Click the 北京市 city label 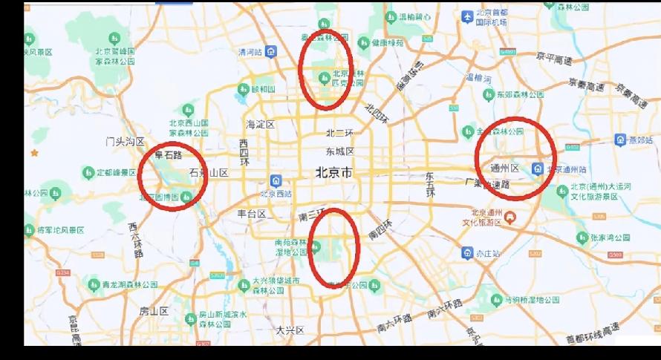click(x=332, y=172)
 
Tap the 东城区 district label click(x=340, y=151)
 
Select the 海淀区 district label click(x=261, y=124)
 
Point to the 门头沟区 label click(x=125, y=141)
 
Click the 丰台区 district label click(x=252, y=214)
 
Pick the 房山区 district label click(x=154, y=311)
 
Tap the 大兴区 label click(x=290, y=330)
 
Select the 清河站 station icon click(x=273, y=52)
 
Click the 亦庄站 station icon click(x=466, y=253)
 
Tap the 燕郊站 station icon click(x=620, y=140)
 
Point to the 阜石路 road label click(x=168, y=156)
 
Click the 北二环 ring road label click(x=340, y=134)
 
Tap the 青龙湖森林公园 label click(x=131, y=284)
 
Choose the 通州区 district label click(x=504, y=167)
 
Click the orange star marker click(x=33, y=153)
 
